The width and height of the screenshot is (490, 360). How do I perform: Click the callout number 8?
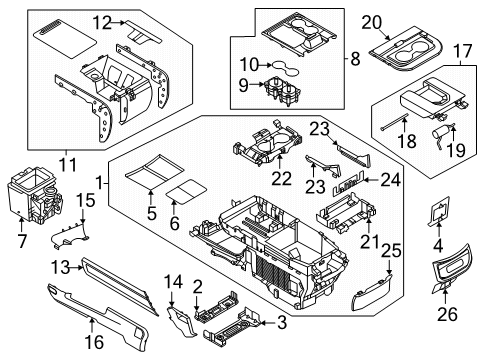click(x=355, y=59)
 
